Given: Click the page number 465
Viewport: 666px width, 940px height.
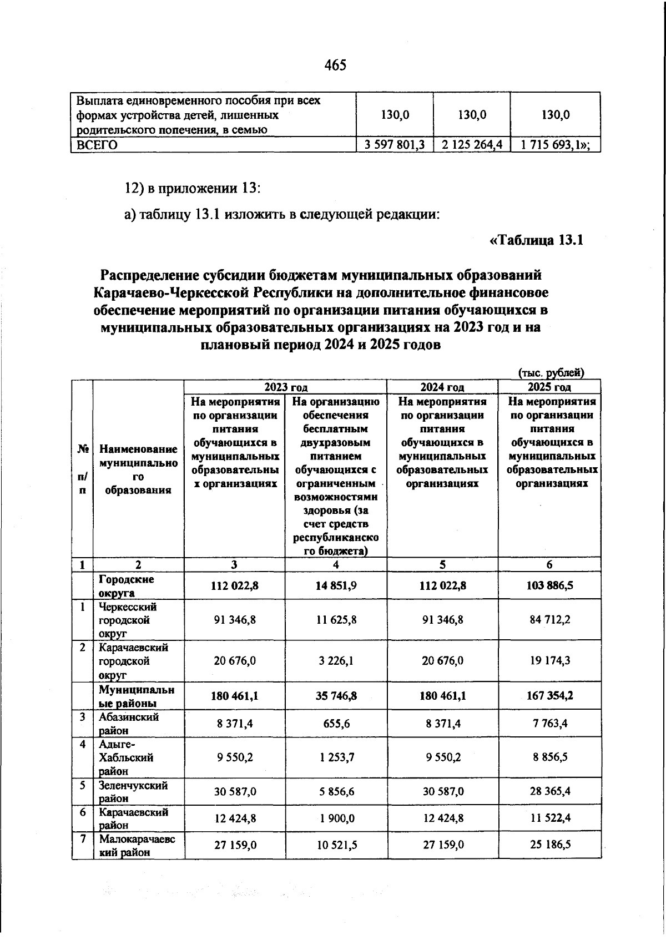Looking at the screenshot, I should [x=335, y=65].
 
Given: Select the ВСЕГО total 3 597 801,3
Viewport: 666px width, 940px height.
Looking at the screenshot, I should [x=394, y=145].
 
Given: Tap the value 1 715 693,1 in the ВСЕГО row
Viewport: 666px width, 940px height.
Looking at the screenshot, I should [x=554, y=145].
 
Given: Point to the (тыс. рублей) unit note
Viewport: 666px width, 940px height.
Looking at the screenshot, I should [x=551, y=373].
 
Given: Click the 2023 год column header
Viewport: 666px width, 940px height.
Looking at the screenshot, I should [x=285, y=387].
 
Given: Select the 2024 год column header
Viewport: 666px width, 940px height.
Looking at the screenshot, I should [x=442, y=387].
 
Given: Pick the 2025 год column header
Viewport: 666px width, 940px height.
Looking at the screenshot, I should [x=549, y=387].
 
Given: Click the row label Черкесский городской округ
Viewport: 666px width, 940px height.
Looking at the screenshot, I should [x=128, y=620].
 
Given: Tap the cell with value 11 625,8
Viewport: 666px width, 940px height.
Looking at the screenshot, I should [x=336, y=620].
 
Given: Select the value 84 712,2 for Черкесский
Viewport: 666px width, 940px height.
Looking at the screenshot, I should [x=549, y=620].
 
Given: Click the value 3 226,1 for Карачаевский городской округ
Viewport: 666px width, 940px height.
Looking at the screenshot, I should [x=336, y=661].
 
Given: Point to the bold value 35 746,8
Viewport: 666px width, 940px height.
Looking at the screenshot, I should [x=336, y=695].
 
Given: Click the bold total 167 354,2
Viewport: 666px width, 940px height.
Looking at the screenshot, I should [x=549, y=695].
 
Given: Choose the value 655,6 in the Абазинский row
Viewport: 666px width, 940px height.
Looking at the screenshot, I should [x=336, y=723].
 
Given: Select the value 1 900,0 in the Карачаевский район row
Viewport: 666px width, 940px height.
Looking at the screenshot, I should [x=336, y=818].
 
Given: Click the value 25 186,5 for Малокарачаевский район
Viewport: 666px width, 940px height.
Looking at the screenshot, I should [x=549, y=845].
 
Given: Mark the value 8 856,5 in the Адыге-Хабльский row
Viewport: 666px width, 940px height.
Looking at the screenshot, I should [x=549, y=757].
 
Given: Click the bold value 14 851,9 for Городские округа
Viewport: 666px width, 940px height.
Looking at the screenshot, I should [x=336, y=585].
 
